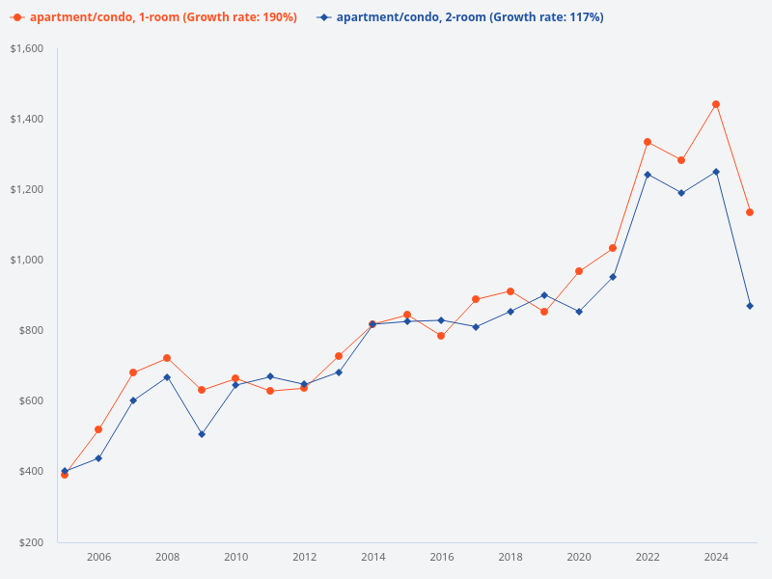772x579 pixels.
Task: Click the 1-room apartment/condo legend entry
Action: tap(154, 17)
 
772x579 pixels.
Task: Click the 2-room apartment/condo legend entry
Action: tap(461, 17)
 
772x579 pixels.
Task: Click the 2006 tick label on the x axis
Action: tap(98, 557)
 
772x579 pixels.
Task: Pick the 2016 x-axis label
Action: tap(442, 557)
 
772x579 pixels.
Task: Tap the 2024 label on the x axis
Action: tap(716, 557)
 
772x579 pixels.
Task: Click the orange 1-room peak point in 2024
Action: tap(716, 104)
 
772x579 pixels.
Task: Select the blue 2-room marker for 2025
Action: tap(750, 306)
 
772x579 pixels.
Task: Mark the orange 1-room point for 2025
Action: tap(750, 212)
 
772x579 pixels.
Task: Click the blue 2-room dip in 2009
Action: tap(202, 434)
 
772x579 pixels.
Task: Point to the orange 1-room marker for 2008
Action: tap(167, 358)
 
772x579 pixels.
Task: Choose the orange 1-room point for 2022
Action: tap(648, 142)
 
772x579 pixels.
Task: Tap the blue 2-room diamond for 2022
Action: tap(648, 175)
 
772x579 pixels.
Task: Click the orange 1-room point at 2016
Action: tap(441, 336)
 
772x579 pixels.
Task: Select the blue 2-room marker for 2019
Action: tap(544, 295)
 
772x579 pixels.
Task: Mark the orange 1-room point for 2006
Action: tap(98, 429)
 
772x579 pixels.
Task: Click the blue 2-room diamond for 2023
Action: tap(681, 193)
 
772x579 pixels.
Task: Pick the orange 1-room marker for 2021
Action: tap(613, 248)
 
